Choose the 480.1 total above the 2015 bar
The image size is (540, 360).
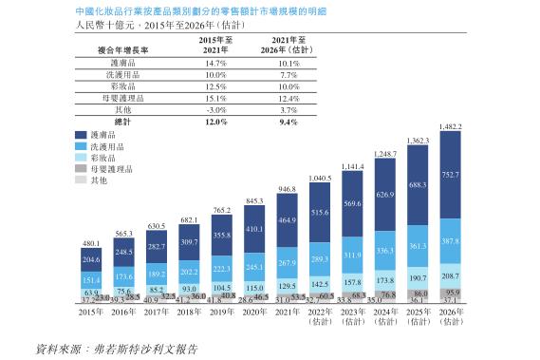pyautogui.click(x=91, y=244)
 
